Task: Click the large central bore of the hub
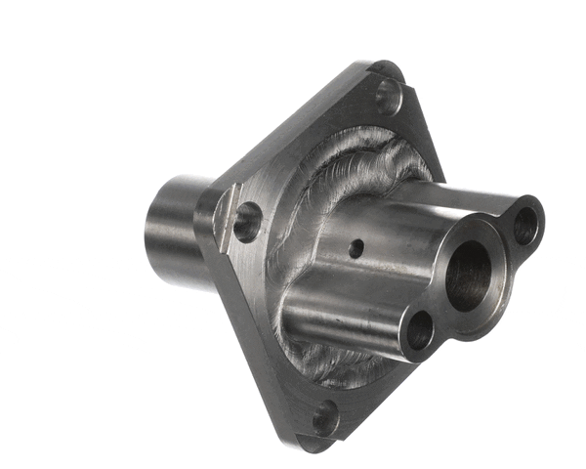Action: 470,276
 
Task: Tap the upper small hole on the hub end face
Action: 525,226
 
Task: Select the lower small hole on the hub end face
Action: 419,333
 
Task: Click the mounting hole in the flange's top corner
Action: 388,96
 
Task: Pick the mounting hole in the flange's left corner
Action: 247,222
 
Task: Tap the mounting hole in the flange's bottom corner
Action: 325,418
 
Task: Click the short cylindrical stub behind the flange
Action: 176,231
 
